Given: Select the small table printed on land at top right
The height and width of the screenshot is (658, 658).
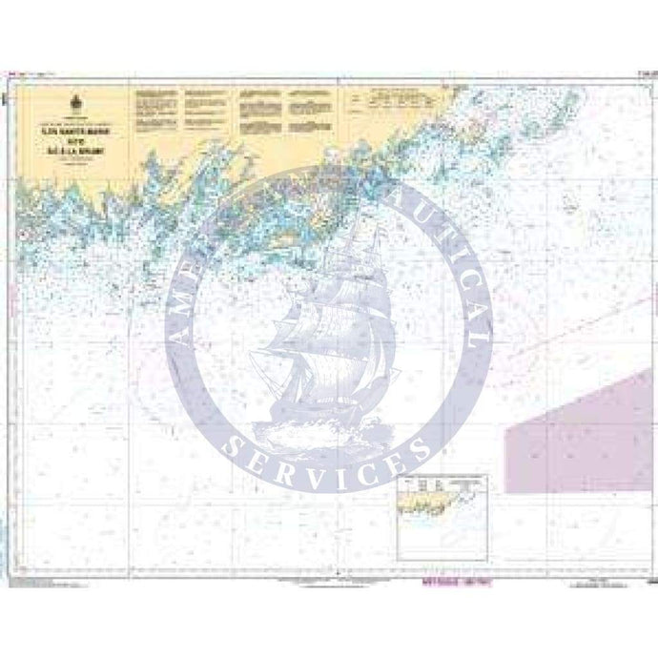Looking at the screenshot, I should [x=397, y=95].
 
